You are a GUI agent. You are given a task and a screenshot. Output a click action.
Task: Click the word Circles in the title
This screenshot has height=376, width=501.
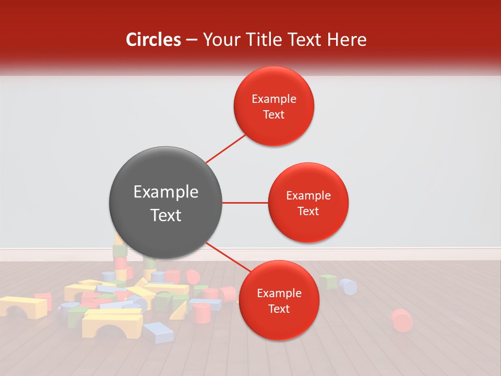point(153,40)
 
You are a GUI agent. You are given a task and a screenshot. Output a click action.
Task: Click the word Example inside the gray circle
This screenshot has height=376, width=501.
point(166,192)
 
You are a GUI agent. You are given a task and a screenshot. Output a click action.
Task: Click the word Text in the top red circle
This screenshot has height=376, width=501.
point(274,114)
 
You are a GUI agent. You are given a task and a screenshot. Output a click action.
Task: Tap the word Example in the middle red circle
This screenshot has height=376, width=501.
point(308,196)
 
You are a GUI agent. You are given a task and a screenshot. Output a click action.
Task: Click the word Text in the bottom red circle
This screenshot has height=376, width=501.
point(279,309)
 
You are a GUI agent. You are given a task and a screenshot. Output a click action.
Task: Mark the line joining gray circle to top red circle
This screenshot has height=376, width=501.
point(226,147)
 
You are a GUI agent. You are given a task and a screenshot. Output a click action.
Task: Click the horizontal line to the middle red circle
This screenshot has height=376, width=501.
point(245,203)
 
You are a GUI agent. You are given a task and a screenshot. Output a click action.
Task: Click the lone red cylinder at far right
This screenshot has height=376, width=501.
point(401,320)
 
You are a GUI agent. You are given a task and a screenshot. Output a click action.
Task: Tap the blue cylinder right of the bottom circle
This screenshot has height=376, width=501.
point(348,286)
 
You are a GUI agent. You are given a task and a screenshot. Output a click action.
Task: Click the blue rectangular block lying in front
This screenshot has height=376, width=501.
point(158,332)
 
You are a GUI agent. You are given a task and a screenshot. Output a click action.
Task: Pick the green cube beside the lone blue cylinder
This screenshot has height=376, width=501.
point(328,282)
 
